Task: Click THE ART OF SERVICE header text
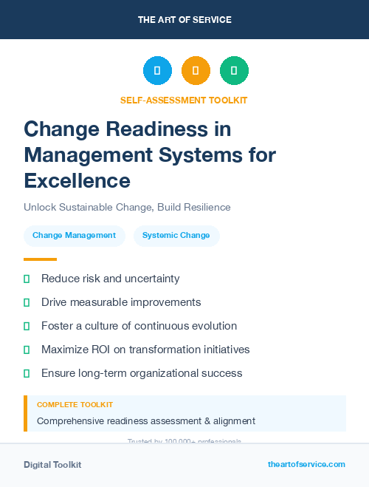(184, 20)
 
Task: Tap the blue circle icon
(157, 71)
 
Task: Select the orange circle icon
(196, 71)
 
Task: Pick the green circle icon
(234, 71)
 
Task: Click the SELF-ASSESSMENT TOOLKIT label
(184, 100)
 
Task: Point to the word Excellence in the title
(77, 180)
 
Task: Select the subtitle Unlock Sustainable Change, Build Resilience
(127, 207)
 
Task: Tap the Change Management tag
(74, 236)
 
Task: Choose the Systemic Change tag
(176, 236)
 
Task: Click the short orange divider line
(40, 259)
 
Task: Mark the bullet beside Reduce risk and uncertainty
(27, 279)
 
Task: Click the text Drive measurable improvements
(121, 302)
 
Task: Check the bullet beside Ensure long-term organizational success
(27, 373)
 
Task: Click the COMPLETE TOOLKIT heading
(75, 405)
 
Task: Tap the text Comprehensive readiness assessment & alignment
(146, 421)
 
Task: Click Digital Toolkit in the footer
(52, 465)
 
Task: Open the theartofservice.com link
(306, 464)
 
